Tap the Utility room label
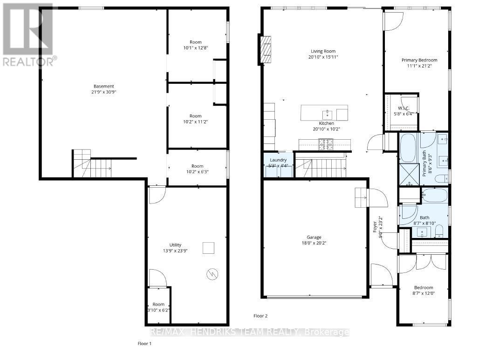[175, 245]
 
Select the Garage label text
[314, 237]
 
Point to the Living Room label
[323, 51]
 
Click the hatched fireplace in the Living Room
[266, 50]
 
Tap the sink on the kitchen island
[328, 112]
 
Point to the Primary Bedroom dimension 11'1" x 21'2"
[419, 66]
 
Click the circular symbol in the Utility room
[212, 274]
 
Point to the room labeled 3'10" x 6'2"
[158, 307]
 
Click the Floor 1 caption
[144, 344]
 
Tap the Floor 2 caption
[260, 316]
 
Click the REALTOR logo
[28, 35]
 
